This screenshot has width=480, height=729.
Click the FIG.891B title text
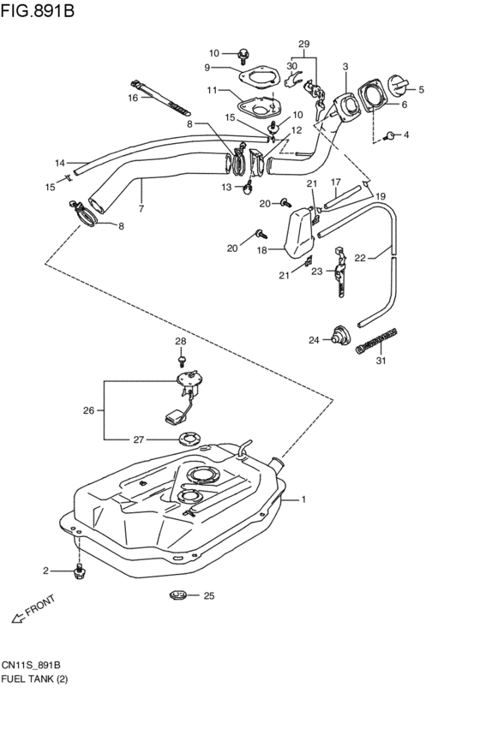click(37, 10)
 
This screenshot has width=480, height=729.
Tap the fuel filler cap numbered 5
click(399, 86)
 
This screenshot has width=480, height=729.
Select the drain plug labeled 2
click(80, 571)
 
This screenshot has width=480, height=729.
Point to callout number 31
click(381, 361)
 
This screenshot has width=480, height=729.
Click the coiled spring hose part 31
click(377, 341)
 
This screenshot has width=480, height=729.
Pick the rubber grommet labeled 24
click(341, 336)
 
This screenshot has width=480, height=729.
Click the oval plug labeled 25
click(177, 595)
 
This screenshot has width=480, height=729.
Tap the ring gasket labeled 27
click(189, 439)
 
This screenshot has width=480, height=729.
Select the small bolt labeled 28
click(182, 360)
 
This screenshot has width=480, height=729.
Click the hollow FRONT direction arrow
click(18, 618)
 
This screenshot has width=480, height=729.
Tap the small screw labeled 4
click(390, 135)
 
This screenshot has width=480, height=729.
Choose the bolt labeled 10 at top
click(243, 56)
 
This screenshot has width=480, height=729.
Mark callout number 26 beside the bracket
click(88, 410)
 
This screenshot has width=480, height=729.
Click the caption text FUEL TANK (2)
click(34, 678)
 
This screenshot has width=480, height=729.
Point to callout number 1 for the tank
click(303, 499)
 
